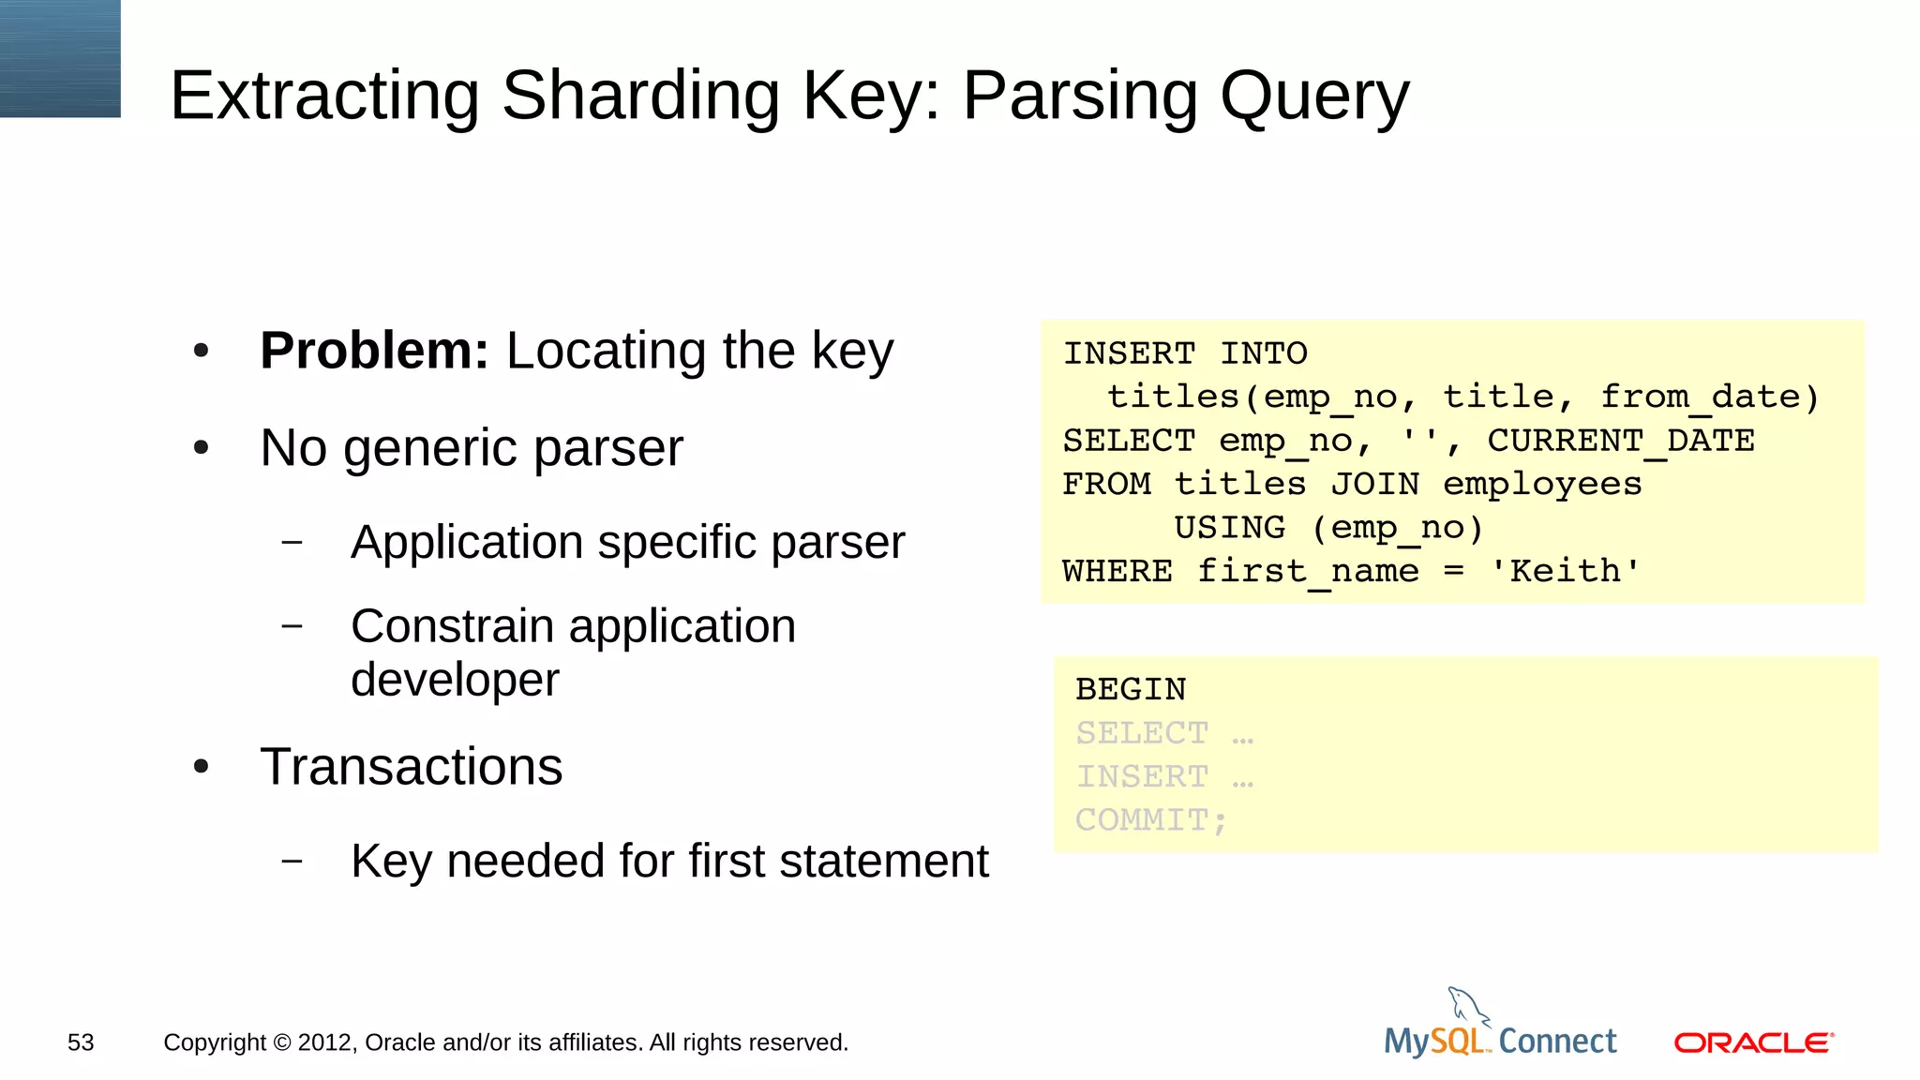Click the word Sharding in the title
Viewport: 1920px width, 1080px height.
click(x=640, y=97)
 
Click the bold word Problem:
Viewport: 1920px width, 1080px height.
click(x=374, y=352)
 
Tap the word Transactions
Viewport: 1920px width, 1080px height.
click(x=411, y=767)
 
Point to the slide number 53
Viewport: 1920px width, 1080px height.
click(x=81, y=1042)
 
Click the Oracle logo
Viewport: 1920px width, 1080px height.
click(x=1753, y=1042)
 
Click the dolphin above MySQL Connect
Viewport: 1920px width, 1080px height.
click(x=1467, y=1007)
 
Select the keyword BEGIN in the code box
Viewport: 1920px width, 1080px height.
click(x=1131, y=690)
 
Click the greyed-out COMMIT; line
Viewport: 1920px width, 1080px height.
click(x=1150, y=820)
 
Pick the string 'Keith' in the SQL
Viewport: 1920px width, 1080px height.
click(x=1565, y=571)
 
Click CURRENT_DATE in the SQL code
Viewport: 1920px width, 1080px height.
click(x=1620, y=441)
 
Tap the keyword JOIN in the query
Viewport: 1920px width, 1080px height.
click(x=1374, y=485)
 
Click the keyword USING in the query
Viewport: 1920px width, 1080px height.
click(x=1229, y=528)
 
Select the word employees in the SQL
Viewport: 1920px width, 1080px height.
click(x=1542, y=485)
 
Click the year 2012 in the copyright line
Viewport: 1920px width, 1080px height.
click(x=327, y=1042)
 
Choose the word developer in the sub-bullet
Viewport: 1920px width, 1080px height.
click(x=455, y=680)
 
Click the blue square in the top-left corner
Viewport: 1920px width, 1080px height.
click(x=60, y=58)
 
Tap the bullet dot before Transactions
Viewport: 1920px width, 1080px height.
click(x=201, y=768)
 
